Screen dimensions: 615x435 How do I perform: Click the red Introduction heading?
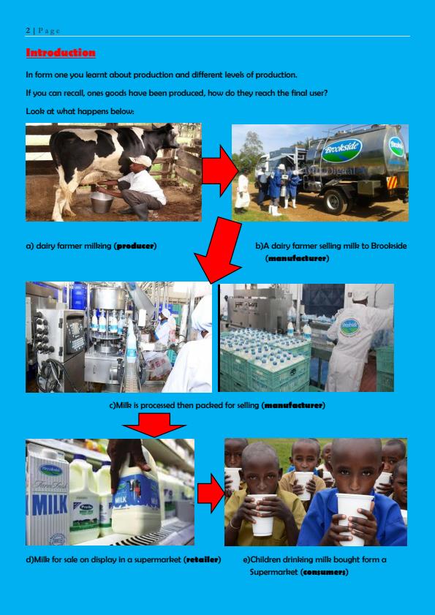61,53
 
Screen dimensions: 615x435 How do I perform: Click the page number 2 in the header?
27,30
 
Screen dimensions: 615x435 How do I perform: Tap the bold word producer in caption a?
135,246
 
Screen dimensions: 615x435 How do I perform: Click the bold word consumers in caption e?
324,572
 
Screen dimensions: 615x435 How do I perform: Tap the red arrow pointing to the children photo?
210,492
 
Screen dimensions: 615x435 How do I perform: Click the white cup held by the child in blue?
352,516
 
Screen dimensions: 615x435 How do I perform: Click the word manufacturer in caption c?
293,404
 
